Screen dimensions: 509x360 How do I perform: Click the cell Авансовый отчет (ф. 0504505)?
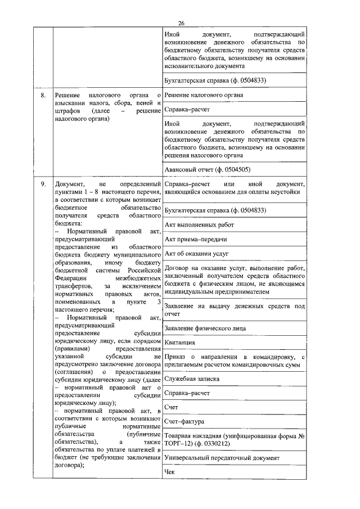point(207,169)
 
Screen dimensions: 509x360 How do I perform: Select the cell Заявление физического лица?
point(205,328)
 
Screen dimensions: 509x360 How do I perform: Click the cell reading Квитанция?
point(180,343)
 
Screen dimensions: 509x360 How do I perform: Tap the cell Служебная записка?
point(192,379)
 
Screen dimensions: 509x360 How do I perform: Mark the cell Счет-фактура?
point(184,421)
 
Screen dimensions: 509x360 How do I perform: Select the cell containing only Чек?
point(170,472)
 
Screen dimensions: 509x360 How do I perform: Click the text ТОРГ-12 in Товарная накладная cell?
point(179,443)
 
